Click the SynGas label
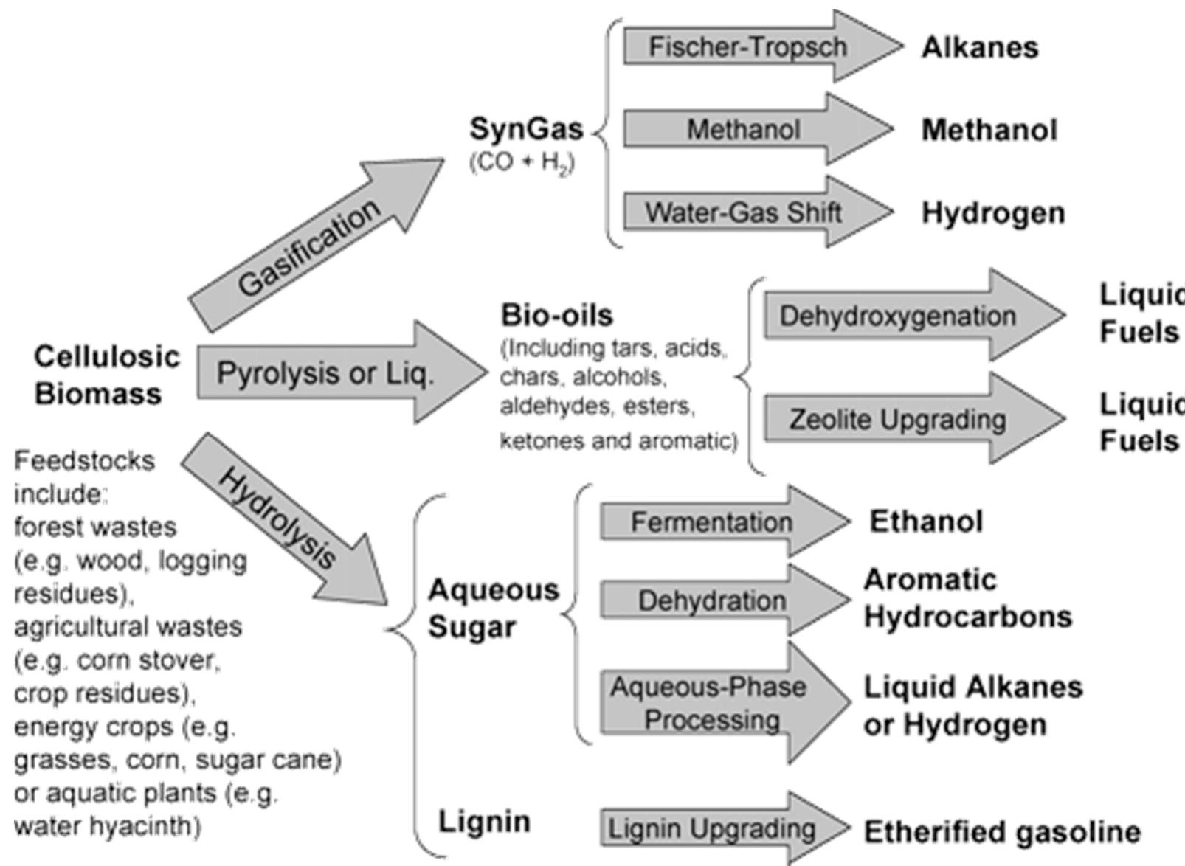[526, 130]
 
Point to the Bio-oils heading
[556, 316]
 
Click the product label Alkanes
[979, 48]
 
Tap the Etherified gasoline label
[1001, 832]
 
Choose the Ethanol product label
[925, 522]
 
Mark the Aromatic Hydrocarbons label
[967, 598]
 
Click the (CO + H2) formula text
[522, 162]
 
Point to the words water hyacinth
[107, 825]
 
